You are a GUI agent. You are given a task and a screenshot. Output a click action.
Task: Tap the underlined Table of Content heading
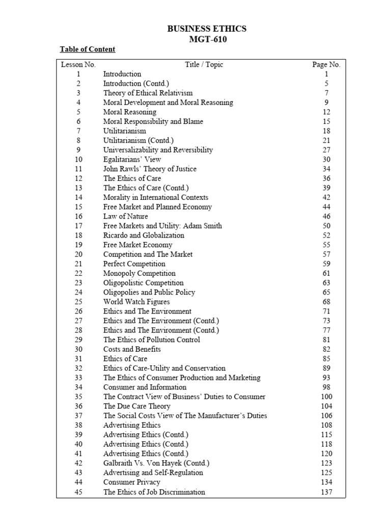tap(88, 49)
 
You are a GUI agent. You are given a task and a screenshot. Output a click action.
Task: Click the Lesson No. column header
tap(78, 65)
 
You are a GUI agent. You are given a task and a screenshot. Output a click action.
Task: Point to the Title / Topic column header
tap(204, 65)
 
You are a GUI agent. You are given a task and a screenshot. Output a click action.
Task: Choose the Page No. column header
tap(326, 65)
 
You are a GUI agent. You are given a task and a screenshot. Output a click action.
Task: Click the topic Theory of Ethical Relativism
tap(148, 93)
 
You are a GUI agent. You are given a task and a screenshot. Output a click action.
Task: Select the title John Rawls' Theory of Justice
tap(150, 169)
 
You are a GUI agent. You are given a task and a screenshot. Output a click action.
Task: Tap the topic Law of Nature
tap(126, 216)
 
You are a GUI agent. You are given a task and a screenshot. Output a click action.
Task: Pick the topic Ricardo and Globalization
tap(144, 236)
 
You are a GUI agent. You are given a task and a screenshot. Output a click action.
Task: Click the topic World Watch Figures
tap(136, 302)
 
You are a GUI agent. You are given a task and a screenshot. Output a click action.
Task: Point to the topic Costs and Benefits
tap(132, 349)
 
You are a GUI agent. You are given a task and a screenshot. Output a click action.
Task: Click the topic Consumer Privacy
tap(131, 482)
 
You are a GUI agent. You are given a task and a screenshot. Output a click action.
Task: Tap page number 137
tap(326, 492)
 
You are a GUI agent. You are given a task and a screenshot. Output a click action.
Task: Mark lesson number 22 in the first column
tap(78, 273)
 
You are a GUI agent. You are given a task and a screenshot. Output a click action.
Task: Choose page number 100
tap(326, 397)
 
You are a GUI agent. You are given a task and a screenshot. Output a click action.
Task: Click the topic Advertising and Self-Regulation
tap(153, 473)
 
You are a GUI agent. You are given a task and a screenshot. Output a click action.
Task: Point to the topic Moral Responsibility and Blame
tap(153, 121)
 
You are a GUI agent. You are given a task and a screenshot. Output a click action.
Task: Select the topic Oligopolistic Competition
tap(143, 283)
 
